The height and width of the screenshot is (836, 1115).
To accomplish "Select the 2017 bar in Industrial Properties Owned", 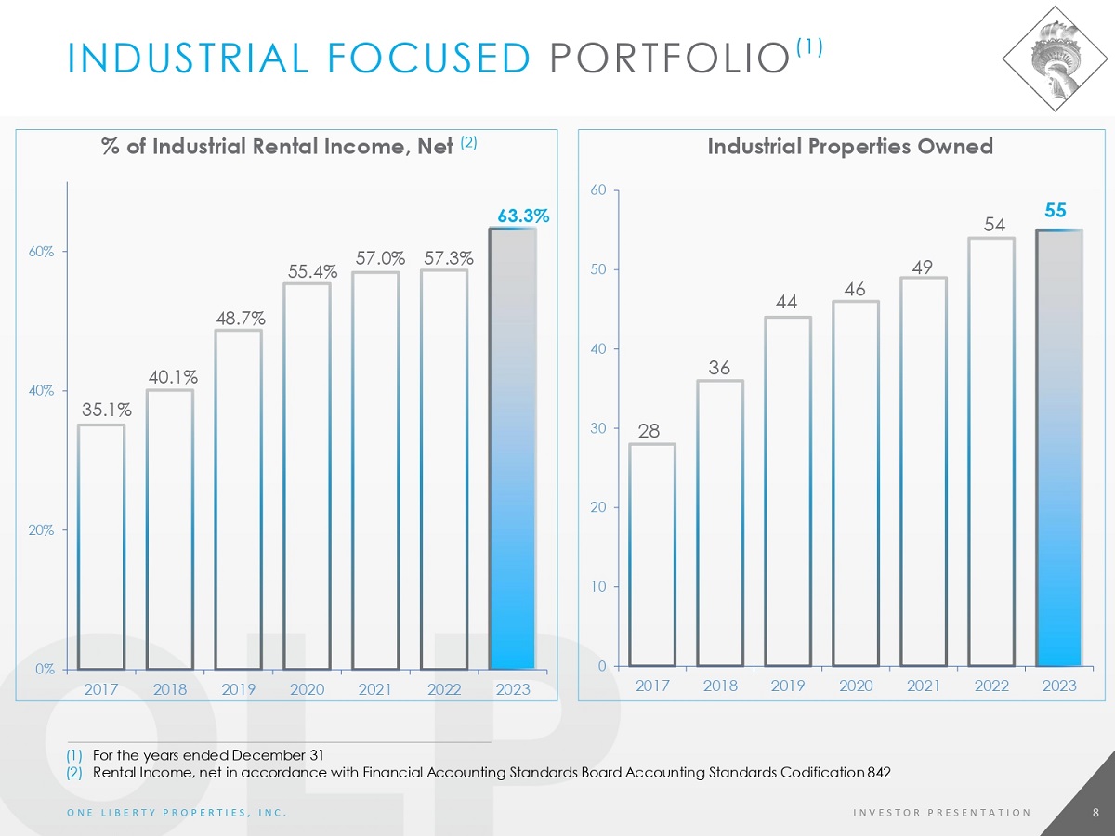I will (x=652, y=555).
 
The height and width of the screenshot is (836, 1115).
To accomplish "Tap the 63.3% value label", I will (x=524, y=216).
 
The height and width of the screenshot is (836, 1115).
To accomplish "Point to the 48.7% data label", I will (x=238, y=318).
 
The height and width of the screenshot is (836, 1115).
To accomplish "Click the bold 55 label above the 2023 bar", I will (x=1056, y=211).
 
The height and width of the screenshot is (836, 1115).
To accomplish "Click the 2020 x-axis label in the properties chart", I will (x=855, y=686).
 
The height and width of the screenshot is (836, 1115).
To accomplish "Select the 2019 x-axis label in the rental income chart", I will (x=238, y=689).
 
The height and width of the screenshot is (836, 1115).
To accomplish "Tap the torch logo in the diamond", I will (x=1058, y=58).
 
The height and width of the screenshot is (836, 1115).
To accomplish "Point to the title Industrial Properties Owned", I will (x=850, y=147).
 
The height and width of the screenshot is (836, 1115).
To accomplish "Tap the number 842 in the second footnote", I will (x=878, y=772).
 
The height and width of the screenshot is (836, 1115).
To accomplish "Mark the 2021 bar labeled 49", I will (x=924, y=471).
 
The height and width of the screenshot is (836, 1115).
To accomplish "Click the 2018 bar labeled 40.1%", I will (x=170, y=529).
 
